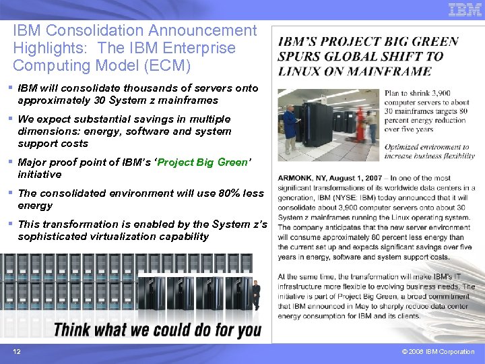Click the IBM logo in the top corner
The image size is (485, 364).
coord(465,9)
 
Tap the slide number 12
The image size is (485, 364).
coord(16,352)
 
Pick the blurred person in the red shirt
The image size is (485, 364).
coord(360,121)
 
